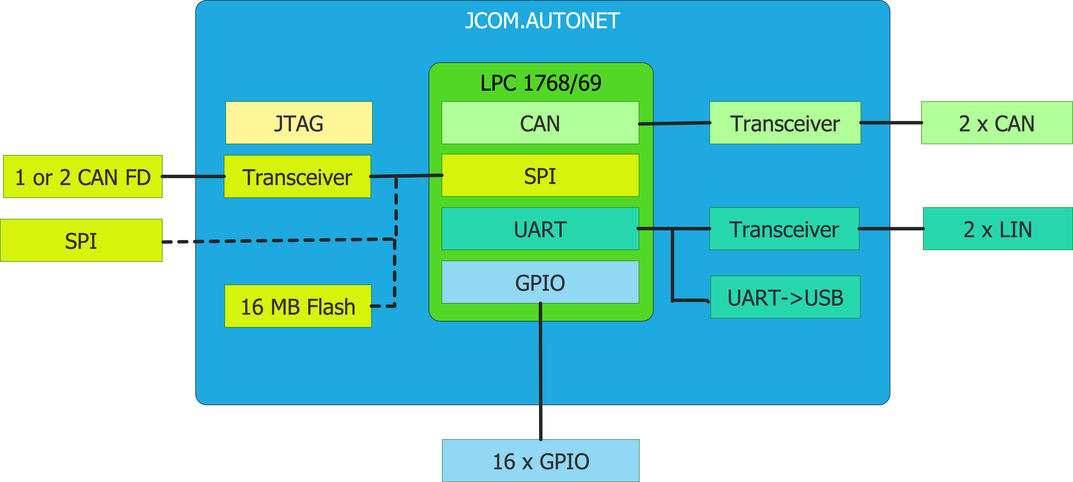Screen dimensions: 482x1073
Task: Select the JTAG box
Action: pos(299,123)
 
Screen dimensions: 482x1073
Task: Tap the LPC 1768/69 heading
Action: pos(541,83)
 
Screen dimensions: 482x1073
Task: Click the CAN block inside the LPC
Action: pos(540,123)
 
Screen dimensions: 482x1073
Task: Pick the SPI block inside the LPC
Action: pos(540,176)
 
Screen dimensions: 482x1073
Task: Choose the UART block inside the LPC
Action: pos(540,229)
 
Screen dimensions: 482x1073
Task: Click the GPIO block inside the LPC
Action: pos(540,282)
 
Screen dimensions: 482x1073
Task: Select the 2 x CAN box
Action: pos(996,123)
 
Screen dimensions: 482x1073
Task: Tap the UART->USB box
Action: pos(785,297)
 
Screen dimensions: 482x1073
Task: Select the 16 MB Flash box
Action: pos(298,306)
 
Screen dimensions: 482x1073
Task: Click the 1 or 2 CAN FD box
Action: pos(82,176)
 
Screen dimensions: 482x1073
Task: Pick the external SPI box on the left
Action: pos(81,241)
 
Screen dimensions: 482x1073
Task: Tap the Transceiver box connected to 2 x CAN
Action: pos(785,123)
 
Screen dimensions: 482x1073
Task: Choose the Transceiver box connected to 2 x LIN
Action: pos(784,229)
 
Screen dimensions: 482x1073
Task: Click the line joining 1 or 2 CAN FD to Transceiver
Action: pos(193,176)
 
